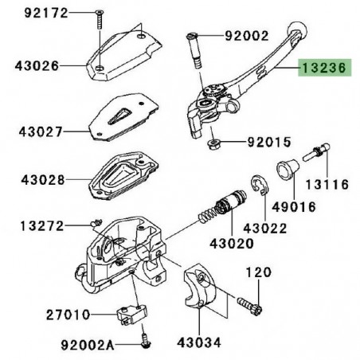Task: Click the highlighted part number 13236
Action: coord(323,69)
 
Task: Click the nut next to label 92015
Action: coord(216,145)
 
